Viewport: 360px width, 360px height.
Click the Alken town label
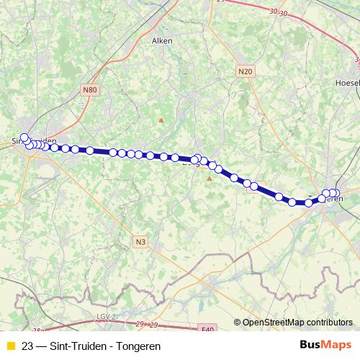pyautogui.click(x=162, y=41)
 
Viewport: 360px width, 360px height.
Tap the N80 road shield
pyautogui.click(x=89, y=90)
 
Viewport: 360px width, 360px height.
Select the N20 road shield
pyautogui.click(x=246, y=71)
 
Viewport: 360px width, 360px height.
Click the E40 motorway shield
pyautogui.click(x=207, y=329)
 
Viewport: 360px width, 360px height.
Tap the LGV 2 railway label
pyautogui.click(x=106, y=317)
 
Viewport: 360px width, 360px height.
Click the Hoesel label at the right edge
pyautogui.click(x=348, y=83)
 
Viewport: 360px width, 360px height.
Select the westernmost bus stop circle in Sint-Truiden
pyautogui.click(x=24, y=138)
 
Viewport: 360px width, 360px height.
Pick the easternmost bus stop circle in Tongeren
pyautogui.click(x=336, y=193)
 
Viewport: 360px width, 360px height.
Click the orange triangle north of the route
pyautogui.click(x=161, y=120)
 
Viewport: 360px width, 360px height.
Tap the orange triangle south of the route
pyautogui.click(x=210, y=178)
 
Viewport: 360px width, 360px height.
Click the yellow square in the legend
pyautogui.click(x=10, y=346)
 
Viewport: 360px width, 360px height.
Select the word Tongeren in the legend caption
pyautogui.click(x=135, y=346)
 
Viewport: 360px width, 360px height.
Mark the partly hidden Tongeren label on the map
pyautogui.click(x=332, y=199)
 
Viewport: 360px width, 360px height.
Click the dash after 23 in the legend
pyautogui.click(x=40, y=346)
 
